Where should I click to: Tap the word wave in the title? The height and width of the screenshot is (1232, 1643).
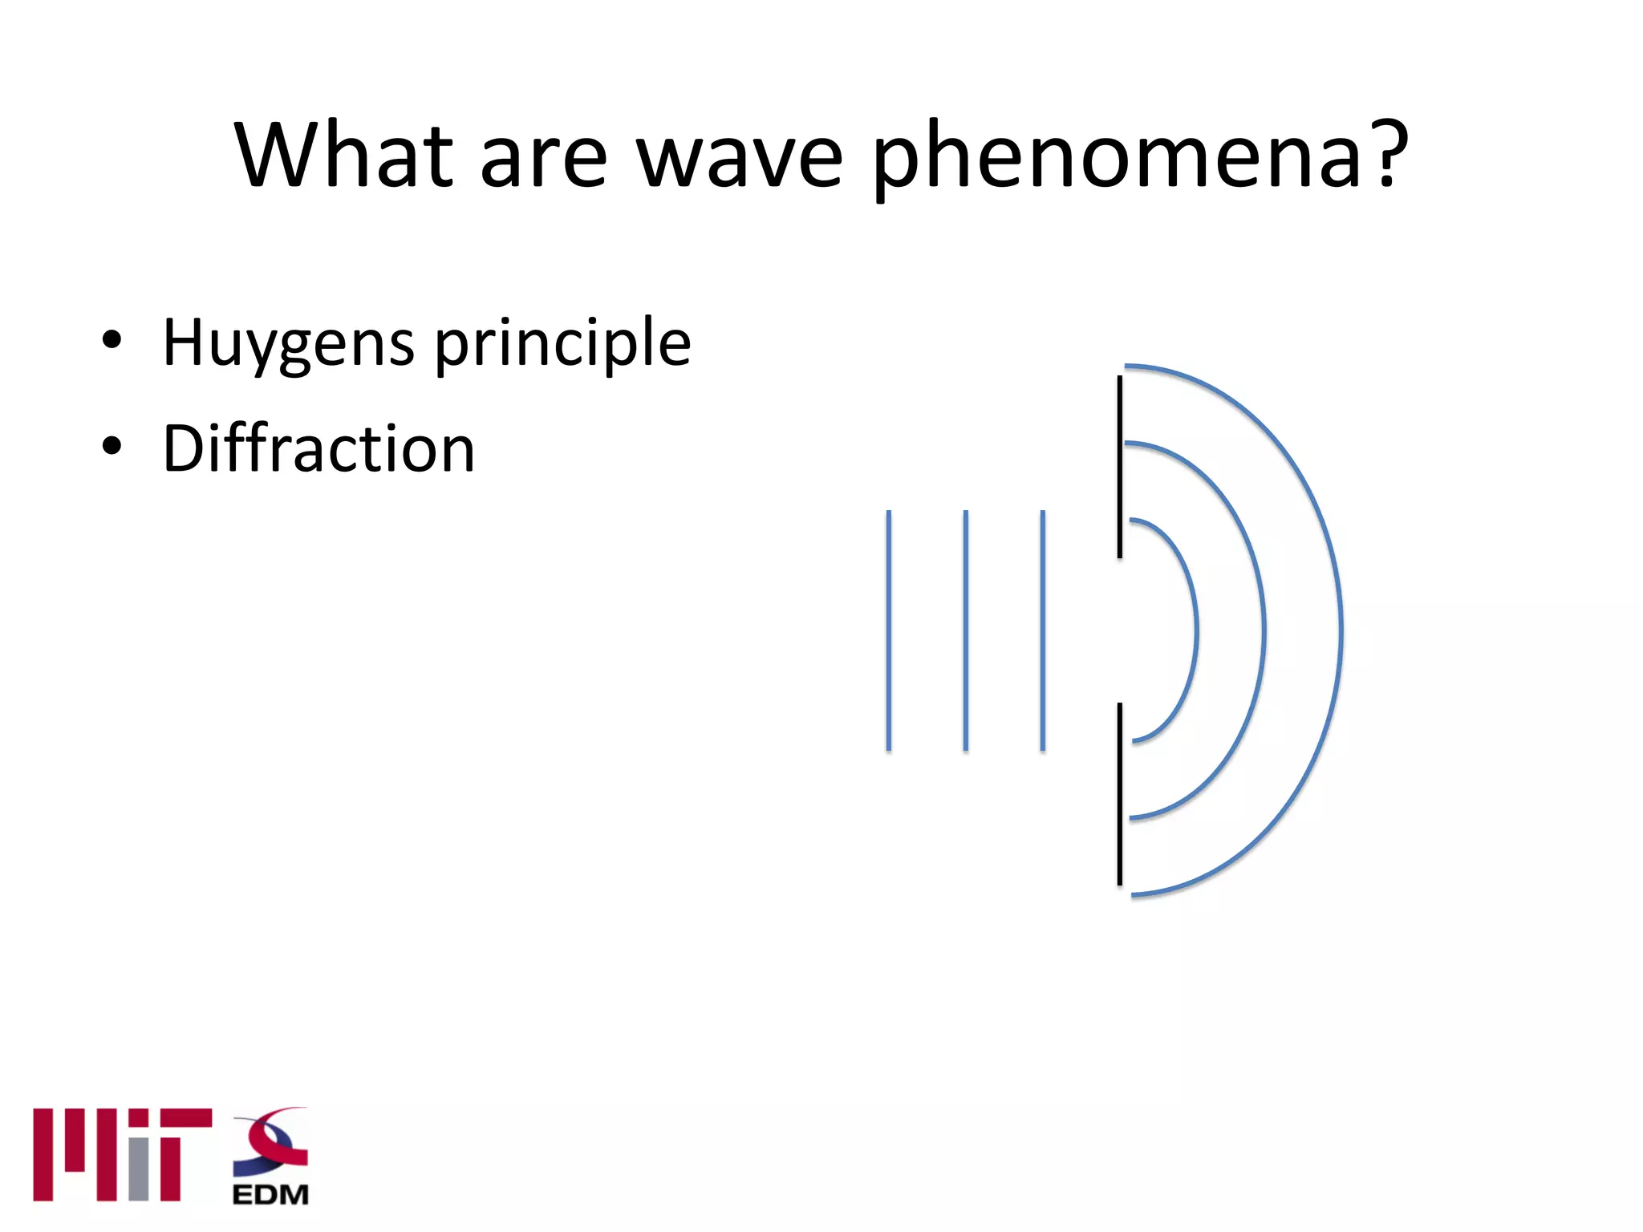740,156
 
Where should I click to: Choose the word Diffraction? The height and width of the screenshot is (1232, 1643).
318,448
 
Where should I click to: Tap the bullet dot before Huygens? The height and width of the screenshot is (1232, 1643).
112,340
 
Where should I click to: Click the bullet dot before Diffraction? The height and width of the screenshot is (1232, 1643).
112,446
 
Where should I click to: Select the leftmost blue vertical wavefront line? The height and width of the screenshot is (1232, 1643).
889,630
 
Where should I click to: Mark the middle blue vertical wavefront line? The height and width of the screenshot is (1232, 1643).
966,630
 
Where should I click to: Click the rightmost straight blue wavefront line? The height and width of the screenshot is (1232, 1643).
1043,630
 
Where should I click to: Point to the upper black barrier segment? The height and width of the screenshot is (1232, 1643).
1120,467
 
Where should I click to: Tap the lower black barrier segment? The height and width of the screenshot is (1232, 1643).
1120,794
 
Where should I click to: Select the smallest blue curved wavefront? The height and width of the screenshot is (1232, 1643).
1195,630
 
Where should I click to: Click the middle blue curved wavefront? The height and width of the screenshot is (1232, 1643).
1264,630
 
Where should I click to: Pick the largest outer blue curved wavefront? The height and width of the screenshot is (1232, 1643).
1341,630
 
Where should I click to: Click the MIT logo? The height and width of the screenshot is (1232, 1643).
123,1155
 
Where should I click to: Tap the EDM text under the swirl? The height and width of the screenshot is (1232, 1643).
270,1195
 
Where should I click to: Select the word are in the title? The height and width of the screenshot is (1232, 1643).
543,156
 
